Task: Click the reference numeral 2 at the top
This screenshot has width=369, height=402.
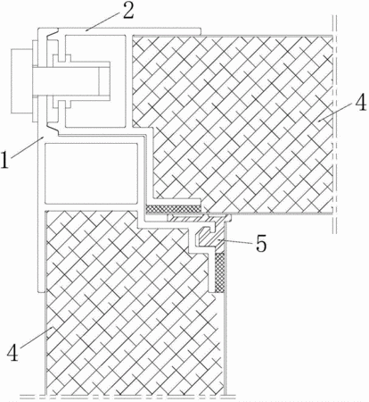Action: click(x=128, y=12)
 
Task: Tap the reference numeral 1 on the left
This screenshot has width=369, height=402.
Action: click(x=5, y=160)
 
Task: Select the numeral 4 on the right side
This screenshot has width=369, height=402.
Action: click(x=361, y=104)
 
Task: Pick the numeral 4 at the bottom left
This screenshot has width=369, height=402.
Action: click(x=12, y=353)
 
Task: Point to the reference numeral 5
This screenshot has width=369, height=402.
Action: click(x=261, y=244)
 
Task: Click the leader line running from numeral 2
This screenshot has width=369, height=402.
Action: click(x=103, y=21)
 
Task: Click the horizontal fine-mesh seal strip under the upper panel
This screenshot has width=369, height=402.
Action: click(x=174, y=209)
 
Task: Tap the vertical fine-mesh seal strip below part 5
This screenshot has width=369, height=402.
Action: click(x=219, y=272)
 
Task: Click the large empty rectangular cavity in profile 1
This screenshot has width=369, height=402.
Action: click(x=91, y=172)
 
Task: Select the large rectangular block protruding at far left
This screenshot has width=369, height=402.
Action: click(x=21, y=81)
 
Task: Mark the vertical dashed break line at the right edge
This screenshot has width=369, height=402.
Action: click(x=334, y=123)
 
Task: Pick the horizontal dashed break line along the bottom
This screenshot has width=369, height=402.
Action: click(x=127, y=397)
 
